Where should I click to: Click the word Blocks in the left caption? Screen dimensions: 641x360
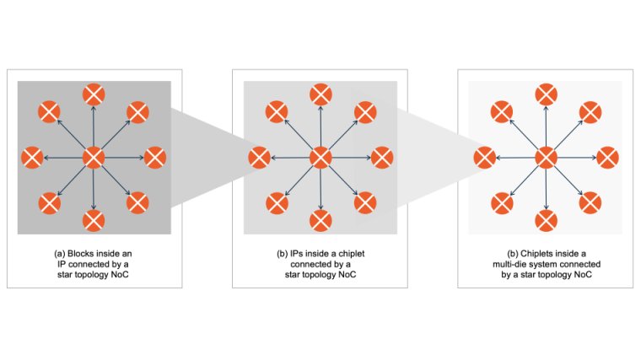[x=80, y=254]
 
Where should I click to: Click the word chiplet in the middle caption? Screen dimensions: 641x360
[x=352, y=254]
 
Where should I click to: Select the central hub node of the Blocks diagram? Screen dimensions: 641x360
[x=94, y=158]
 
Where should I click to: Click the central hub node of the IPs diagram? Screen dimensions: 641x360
[x=320, y=158]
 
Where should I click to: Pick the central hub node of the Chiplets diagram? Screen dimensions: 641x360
[x=547, y=158]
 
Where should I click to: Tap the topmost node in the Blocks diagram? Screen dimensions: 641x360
[x=94, y=94]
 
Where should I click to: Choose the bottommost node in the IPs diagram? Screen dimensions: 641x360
[x=320, y=221]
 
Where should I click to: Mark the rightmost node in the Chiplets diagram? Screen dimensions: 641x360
[x=608, y=158]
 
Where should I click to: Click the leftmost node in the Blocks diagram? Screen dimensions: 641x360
[x=32, y=158]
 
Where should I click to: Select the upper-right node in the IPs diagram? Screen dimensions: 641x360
[x=365, y=112]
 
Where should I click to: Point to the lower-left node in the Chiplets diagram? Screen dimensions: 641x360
[x=502, y=203]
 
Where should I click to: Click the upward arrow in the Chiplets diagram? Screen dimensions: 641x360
[x=547, y=126]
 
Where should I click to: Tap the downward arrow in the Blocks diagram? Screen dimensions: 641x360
[x=94, y=189]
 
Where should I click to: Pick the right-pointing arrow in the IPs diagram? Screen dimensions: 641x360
[x=351, y=158]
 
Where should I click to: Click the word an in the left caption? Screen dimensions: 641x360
[x=127, y=254]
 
